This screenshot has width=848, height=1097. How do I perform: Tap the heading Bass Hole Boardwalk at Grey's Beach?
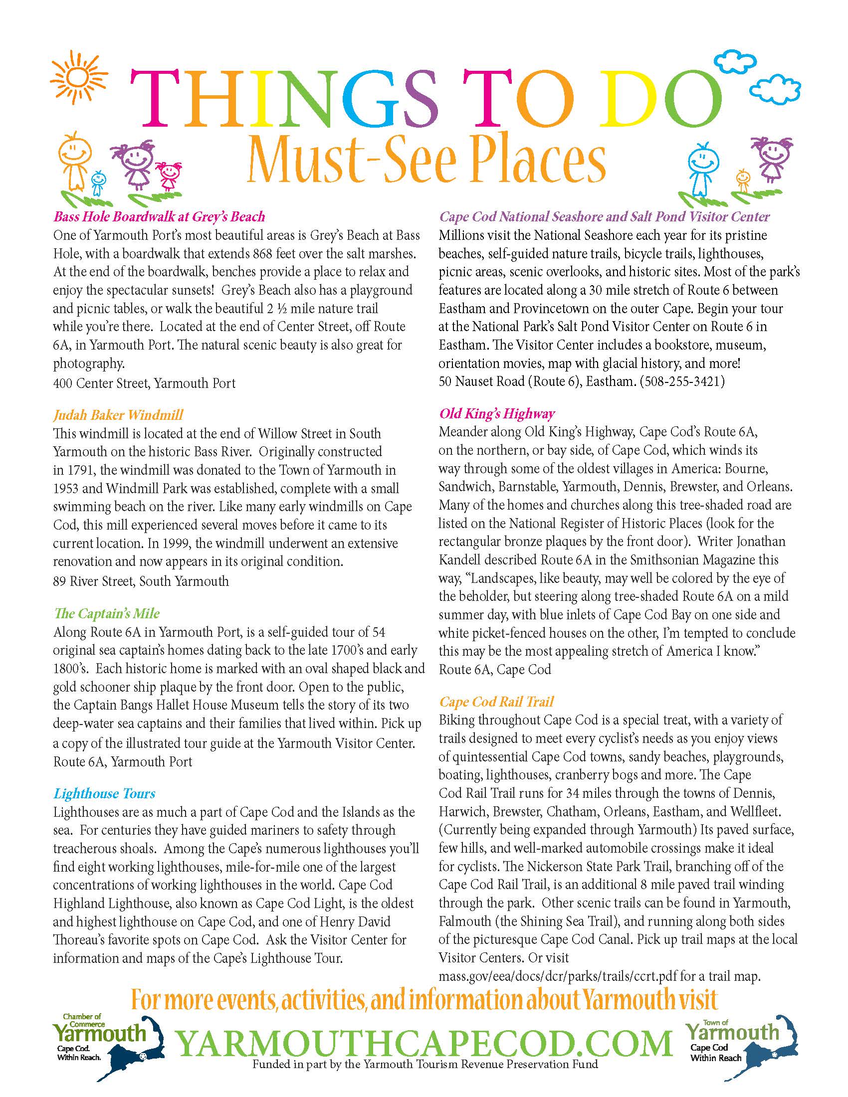(x=159, y=216)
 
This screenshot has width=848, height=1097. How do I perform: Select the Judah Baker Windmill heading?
(x=118, y=415)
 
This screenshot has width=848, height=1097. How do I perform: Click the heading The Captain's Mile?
(x=107, y=613)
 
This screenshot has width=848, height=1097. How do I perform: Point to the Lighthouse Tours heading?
(x=104, y=794)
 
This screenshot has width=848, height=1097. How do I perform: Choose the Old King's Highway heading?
(x=497, y=413)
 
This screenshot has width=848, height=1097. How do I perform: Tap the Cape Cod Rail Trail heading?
(x=496, y=702)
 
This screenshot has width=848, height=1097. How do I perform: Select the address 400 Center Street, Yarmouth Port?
(x=144, y=383)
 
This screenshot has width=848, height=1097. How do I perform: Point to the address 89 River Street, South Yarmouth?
(x=141, y=581)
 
